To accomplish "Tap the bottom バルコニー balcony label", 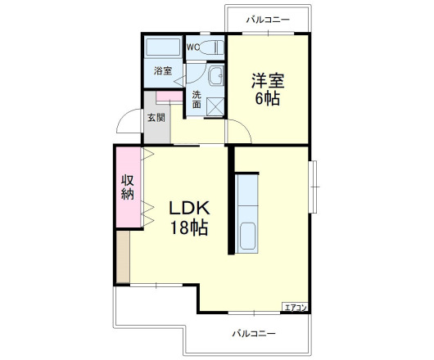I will (253, 333).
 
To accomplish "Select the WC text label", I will (192, 47).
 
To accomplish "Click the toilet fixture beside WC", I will (212, 46).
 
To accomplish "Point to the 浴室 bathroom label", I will (163, 70).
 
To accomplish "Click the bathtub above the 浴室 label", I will (164, 47).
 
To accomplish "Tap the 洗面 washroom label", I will (197, 99).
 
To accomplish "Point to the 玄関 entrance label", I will (156, 118).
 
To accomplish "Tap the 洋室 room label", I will (267, 82).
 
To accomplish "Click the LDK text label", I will (189, 209).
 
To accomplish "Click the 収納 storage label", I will (128, 187).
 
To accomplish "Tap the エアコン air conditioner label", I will (295, 307).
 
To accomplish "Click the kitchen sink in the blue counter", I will (246, 236).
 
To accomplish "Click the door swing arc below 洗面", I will (238, 129).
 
